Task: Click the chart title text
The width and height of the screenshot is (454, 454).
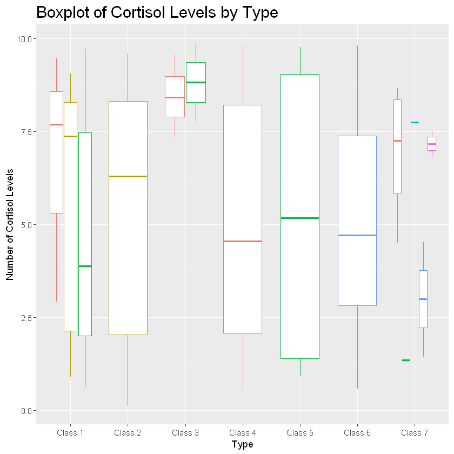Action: tap(157, 12)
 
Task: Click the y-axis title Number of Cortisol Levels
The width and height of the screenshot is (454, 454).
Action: tap(10, 224)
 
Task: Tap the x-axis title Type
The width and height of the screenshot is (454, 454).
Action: tap(242, 444)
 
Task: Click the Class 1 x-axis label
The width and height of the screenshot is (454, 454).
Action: tap(70, 433)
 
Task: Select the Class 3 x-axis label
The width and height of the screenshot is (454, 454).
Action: tap(185, 433)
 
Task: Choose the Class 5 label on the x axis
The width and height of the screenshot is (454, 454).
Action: tap(300, 433)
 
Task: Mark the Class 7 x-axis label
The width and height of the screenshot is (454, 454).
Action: tap(415, 433)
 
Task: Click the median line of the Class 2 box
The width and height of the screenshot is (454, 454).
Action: tap(128, 176)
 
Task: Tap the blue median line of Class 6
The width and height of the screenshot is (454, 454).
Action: tap(357, 235)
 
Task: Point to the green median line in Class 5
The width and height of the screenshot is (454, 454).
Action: tap(300, 218)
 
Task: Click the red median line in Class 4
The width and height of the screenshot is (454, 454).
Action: tap(243, 241)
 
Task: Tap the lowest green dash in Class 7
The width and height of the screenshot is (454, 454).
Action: tap(406, 360)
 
